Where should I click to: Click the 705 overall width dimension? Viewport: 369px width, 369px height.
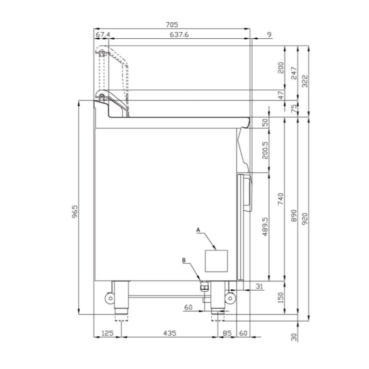tap(172, 25)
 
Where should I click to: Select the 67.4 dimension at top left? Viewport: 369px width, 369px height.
tap(103, 35)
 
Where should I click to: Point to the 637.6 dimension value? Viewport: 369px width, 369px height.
tap(179, 35)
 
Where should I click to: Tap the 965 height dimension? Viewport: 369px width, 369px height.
tap(75, 212)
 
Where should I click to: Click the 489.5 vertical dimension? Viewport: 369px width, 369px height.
tap(265, 226)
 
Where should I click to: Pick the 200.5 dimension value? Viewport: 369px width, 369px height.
tap(265, 150)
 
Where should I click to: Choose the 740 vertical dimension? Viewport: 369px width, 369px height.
tap(281, 199)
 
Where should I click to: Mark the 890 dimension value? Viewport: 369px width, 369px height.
tap(294, 215)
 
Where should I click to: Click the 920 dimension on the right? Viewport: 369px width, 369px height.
tap(304, 219)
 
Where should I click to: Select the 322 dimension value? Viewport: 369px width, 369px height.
tap(304, 81)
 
